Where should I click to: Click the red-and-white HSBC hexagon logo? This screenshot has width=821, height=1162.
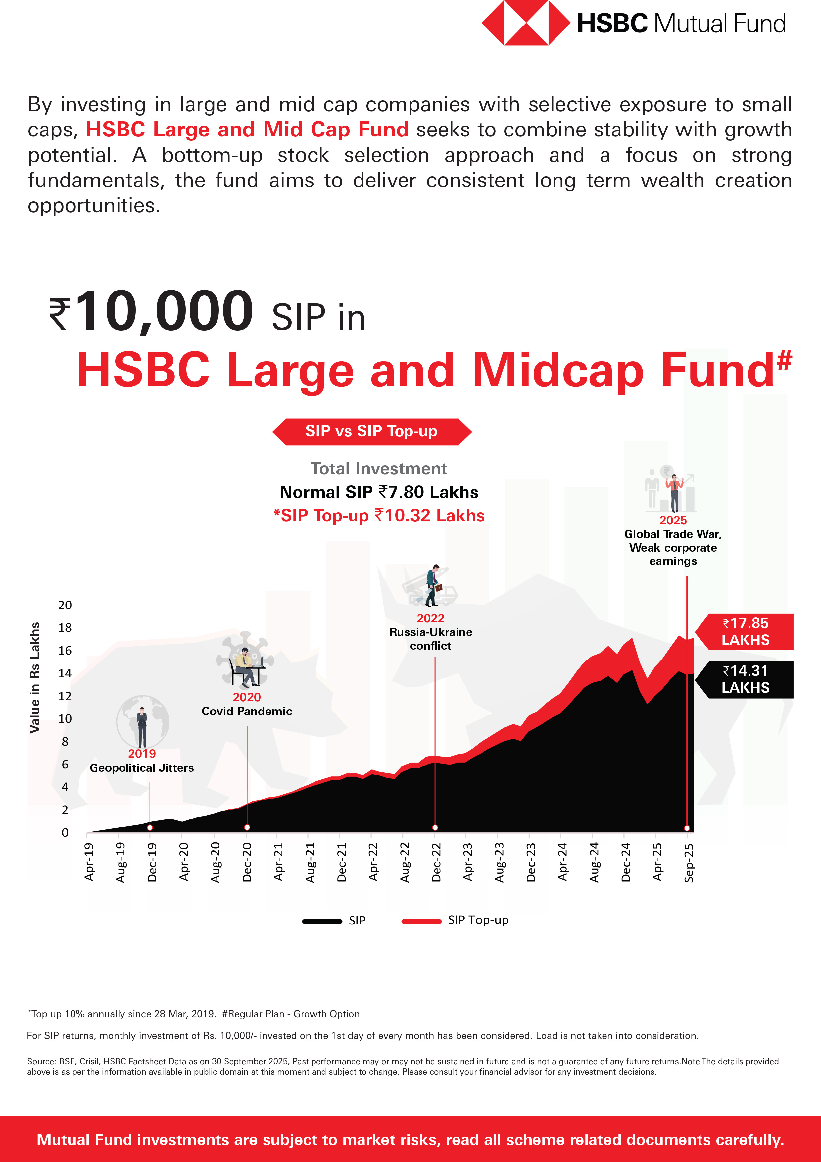pos(526,23)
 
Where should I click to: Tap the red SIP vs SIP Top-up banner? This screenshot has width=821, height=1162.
pos(372,432)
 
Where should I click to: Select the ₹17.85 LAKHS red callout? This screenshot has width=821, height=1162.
pos(745,632)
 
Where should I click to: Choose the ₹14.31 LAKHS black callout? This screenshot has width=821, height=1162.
pos(745,679)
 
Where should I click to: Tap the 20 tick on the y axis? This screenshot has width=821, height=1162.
pos(65,605)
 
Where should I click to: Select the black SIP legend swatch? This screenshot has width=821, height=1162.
pos(322,921)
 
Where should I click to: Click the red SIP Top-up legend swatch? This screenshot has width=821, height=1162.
pos(421,921)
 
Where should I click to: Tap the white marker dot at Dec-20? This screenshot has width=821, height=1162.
pos(247,827)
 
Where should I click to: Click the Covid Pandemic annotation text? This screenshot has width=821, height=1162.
pos(247,711)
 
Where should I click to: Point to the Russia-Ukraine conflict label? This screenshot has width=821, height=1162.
pos(430,639)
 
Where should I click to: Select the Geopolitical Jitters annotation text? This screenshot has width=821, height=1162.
pos(142,768)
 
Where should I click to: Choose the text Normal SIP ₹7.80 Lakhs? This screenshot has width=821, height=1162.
pos(379,492)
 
